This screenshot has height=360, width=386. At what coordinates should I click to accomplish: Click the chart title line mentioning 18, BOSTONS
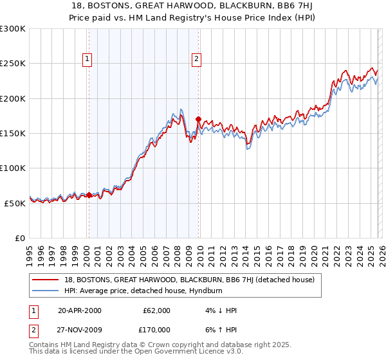[192, 6]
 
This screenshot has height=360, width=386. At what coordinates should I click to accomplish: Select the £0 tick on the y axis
[19, 238]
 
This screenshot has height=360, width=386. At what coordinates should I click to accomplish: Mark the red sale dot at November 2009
[198, 119]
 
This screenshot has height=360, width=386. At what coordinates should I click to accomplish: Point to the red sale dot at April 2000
[89, 194]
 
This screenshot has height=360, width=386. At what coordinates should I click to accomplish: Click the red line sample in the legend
[46, 280]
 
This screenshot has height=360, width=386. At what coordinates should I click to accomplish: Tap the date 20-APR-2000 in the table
[80, 310]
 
